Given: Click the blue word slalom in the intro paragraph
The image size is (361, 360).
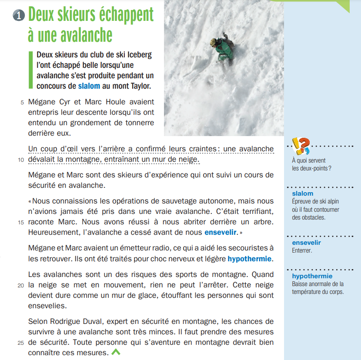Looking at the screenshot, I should point(89,86).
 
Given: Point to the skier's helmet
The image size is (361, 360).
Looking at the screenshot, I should point(214,42).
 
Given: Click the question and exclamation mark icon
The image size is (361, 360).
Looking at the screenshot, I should point(301,147).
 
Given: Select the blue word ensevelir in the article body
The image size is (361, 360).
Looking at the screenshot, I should point(221,233).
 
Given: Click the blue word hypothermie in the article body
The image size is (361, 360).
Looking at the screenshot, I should point(249,259).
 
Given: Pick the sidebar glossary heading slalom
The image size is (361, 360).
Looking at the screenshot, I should point(303,193).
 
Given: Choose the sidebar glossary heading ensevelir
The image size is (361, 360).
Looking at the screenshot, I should point(306,243).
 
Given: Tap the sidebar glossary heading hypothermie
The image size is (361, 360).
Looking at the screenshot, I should point(312,276).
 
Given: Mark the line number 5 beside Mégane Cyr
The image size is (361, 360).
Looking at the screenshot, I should point(22,103).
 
